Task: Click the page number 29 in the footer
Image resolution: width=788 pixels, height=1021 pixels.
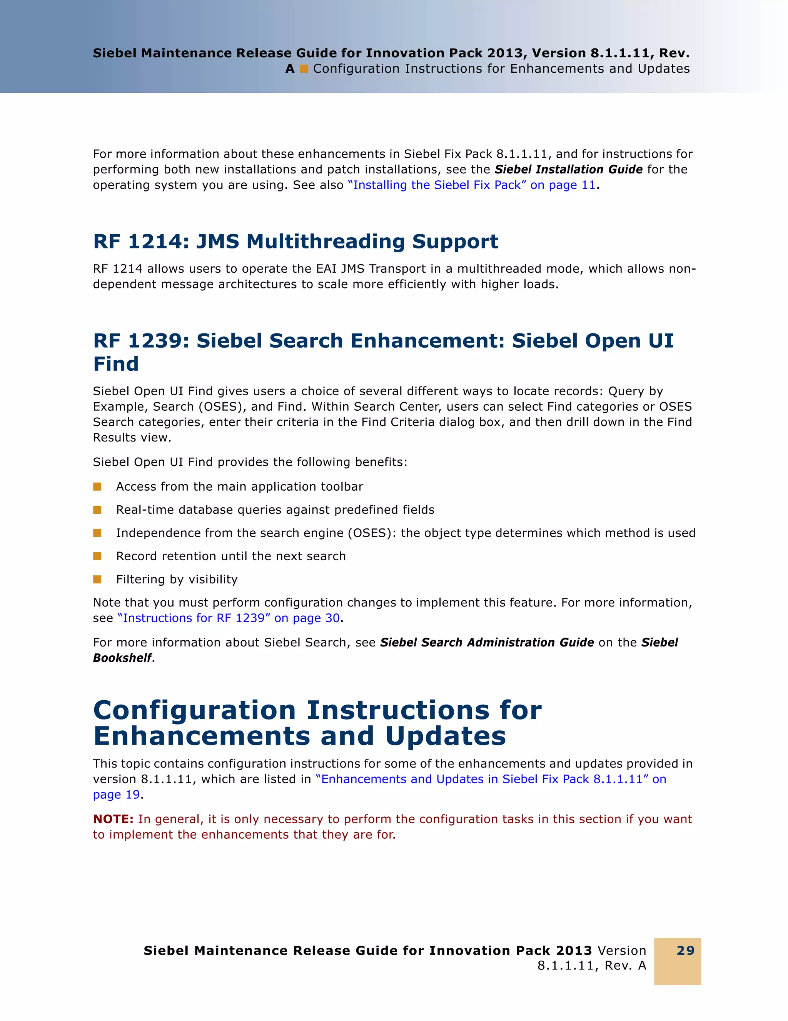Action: point(685,950)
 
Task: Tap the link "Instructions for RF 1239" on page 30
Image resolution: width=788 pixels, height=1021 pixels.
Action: point(229,618)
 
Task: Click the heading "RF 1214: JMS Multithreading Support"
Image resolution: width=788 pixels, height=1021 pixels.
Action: point(295,242)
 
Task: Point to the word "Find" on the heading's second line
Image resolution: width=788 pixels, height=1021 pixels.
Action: point(116,364)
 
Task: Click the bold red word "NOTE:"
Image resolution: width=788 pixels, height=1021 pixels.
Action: point(113,819)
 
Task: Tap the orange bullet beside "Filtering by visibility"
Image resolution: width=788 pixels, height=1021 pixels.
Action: point(97,580)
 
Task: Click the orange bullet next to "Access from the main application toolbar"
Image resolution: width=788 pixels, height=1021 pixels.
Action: point(97,487)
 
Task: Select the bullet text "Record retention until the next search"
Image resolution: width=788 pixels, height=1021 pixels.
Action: point(230,556)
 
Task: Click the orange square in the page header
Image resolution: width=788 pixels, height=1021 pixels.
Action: point(304,69)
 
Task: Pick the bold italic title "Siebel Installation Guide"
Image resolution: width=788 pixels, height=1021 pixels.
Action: point(568,169)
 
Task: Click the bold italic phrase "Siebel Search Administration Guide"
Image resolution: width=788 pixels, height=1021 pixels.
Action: point(487,643)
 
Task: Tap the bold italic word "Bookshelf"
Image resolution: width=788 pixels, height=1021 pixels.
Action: point(122,658)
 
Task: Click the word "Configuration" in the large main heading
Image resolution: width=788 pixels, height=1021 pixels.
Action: point(195,711)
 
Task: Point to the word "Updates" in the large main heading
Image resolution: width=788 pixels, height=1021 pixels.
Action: point(445,736)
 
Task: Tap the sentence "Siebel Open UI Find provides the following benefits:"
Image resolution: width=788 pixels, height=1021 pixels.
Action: point(250,462)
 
